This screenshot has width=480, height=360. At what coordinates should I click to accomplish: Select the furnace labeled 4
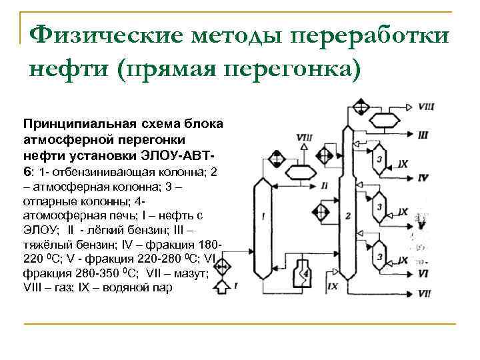(303, 273)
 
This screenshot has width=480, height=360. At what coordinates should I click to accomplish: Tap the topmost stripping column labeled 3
(379, 159)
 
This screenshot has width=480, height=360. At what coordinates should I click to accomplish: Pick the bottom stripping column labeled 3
(379, 255)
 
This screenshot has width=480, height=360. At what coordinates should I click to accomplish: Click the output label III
(423, 135)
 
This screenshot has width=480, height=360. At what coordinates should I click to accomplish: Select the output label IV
(423, 178)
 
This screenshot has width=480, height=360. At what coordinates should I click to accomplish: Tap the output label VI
(423, 273)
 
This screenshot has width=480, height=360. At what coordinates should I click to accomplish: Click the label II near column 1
(324, 185)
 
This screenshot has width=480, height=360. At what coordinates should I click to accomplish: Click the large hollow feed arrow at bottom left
(221, 287)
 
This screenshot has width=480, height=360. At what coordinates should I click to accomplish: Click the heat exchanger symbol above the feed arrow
(221, 261)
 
